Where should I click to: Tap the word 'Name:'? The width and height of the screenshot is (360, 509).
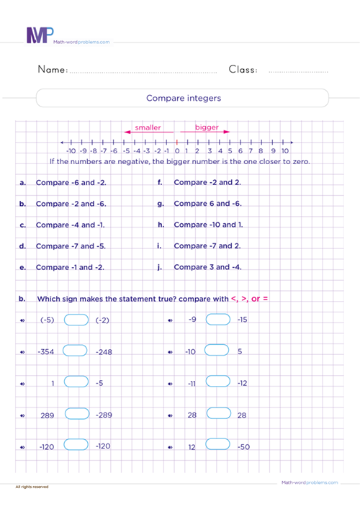click(x=52, y=70)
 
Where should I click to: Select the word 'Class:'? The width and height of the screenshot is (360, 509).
click(x=244, y=70)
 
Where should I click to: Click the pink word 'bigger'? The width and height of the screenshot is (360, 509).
click(x=187, y=127)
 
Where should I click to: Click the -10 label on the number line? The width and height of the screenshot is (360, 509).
click(x=71, y=151)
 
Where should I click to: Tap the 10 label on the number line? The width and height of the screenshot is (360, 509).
click(x=285, y=151)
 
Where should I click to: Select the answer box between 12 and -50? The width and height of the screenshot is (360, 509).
click(x=217, y=446)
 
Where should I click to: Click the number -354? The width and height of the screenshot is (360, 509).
click(x=46, y=351)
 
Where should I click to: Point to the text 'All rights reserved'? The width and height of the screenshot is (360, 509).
click(x=32, y=487)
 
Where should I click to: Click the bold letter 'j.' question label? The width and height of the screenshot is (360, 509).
click(x=160, y=267)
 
